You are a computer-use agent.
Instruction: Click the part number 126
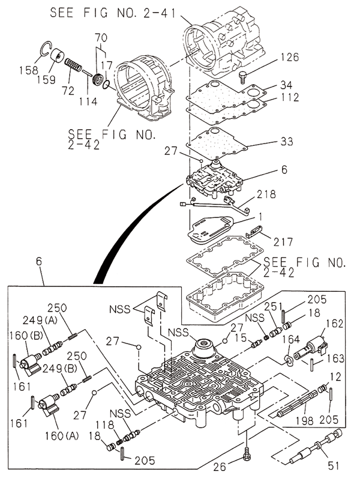tap(290, 58)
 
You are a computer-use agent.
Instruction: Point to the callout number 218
tap(266, 194)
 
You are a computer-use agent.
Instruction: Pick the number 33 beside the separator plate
tap(287, 142)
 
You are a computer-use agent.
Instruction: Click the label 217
tap(283, 242)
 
